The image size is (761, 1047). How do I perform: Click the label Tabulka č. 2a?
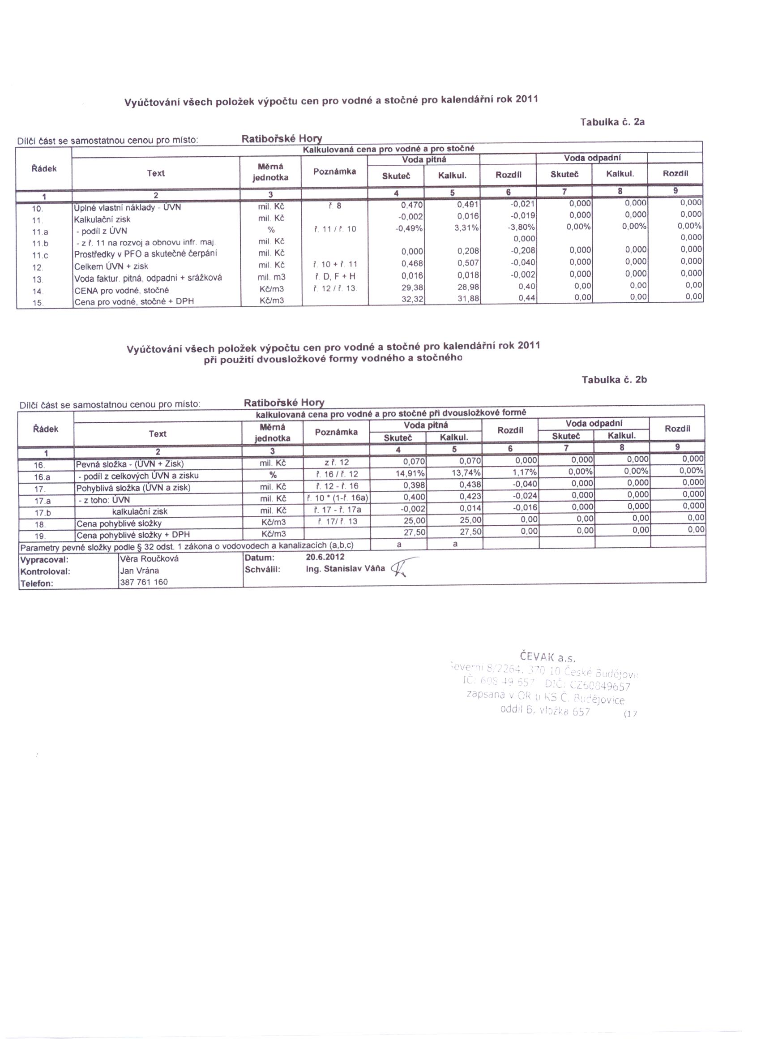[612, 122]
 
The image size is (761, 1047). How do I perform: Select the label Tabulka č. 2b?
[614, 380]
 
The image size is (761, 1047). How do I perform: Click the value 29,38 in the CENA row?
[412, 287]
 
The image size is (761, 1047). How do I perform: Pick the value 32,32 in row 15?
[412, 299]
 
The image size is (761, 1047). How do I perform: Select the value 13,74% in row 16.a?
[466, 473]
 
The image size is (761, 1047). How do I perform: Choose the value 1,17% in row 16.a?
[526, 472]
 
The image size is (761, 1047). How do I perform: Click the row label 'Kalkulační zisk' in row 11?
[103, 219]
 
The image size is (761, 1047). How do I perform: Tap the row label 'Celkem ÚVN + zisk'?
[111, 266]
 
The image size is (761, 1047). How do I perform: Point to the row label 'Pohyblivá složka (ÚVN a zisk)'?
[133, 488]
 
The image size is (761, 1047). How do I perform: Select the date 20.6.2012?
[325, 557]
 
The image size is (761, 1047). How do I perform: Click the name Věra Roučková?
[149, 558]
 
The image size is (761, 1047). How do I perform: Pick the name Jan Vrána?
[139, 571]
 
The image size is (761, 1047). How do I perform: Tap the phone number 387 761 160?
[144, 582]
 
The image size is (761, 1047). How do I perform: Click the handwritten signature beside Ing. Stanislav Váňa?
[402, 568]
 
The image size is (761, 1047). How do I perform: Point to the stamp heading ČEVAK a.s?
[547, 657]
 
